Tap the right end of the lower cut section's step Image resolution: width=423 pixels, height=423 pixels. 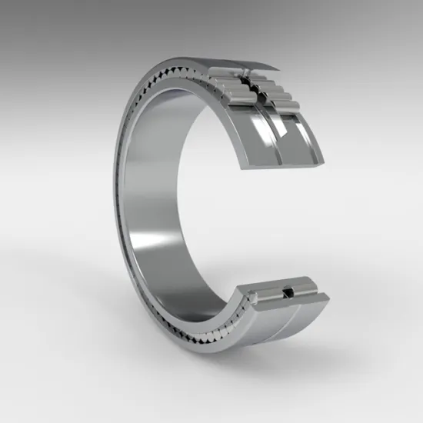click(x=326, y=295)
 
